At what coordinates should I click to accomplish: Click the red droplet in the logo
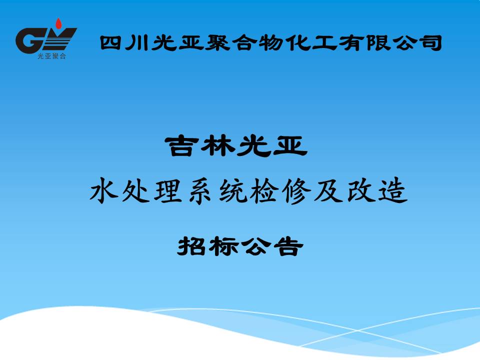click(x=58, y=23)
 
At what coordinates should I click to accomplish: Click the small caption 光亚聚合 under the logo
click(x=51, y=56)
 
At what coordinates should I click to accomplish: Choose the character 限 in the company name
click(x=378, y=42)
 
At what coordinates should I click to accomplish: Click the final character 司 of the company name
click(x=431, y=43)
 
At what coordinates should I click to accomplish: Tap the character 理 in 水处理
click(x=168, y=191)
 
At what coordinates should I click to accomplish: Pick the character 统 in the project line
click(x=232, y=191)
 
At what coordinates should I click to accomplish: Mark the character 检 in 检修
click(x=264, y=191)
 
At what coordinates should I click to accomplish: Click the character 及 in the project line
click(x=329, y=191)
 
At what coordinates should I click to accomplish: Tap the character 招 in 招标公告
click(x=191, y=246)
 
